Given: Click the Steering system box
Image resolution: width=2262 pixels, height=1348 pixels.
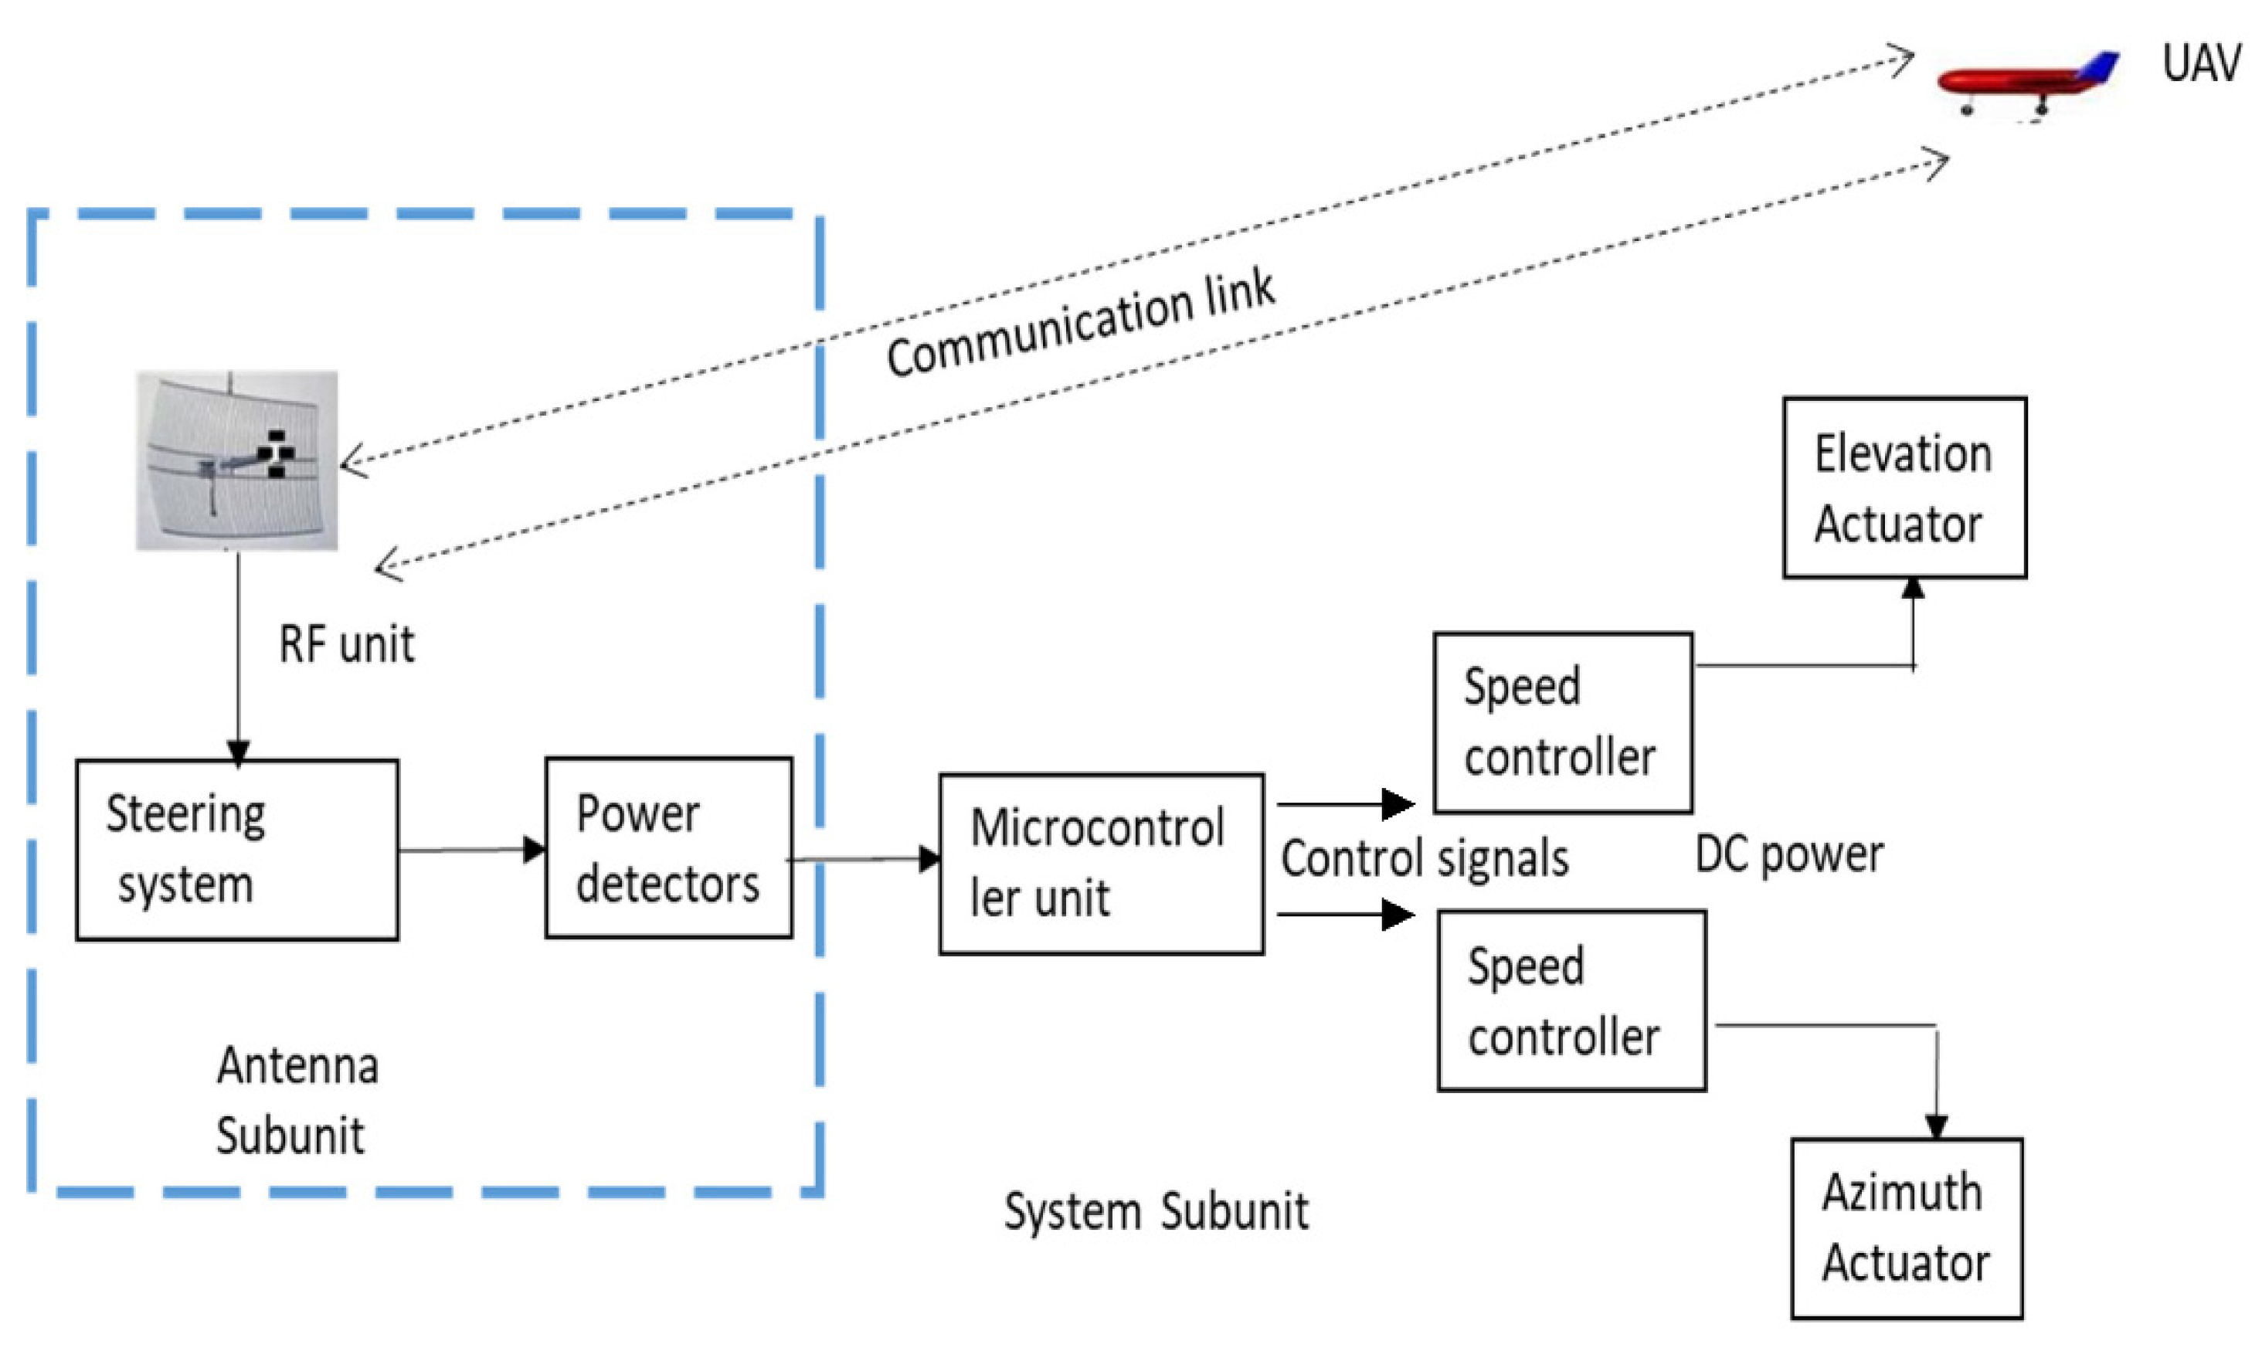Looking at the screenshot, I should tap(236, 849).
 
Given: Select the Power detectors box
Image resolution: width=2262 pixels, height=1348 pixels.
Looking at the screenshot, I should tap(667, 847).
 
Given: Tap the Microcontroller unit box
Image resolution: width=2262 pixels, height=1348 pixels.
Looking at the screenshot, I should tap(1100, 864).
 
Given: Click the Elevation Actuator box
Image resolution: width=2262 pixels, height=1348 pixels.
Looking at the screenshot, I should tap(1904, 487).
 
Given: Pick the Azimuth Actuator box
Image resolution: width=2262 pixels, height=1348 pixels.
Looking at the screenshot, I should tap(1906, 1227).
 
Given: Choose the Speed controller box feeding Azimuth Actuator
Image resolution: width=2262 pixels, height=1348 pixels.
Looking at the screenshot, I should tap(1571, 1000).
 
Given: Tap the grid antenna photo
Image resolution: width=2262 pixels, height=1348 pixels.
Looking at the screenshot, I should tap(237, 460).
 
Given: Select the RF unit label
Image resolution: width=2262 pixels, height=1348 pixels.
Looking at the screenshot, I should tap(346, 644).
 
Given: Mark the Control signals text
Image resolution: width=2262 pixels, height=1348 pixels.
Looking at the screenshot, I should tap(1424, 858).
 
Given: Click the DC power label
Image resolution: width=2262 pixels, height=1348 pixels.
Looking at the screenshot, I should tap(1788, 854).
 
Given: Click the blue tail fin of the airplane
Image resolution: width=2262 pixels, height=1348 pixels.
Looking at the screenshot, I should tap(2101, 66).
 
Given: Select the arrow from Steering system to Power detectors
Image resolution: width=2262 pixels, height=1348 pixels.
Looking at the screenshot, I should tap(470, 851).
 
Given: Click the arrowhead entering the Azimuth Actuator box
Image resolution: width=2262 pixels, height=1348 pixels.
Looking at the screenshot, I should tap(1936, 1126).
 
